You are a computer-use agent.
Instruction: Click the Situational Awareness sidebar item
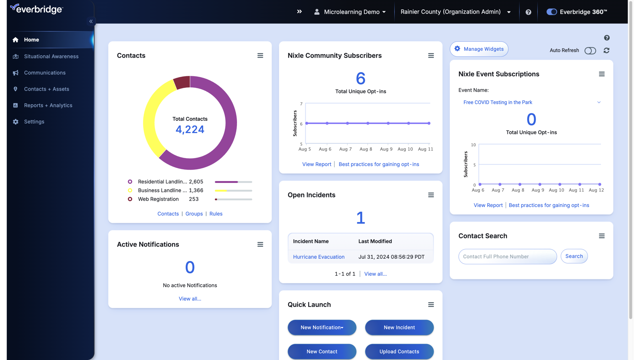pyautogui.click(x=51, y=56)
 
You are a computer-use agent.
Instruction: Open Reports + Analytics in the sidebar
pyautogui.click(x=48, y=105)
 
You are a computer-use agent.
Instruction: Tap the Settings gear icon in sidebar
pyautogui.click(x=16, y=122)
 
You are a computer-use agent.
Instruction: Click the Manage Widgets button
pyautogui.click(x=479, y=49)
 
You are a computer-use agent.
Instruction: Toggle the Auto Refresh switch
pyautogui.click(x=590, y=50)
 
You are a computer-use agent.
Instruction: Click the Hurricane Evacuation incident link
pyautogui.click(x=318, y=257)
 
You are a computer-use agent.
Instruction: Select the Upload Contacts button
pyautogui.click(x=399, y=351)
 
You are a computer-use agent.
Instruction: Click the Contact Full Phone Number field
pyautogui.click(x=507, y=257)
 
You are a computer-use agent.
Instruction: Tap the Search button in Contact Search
pyautogui.click(x=574, y=256)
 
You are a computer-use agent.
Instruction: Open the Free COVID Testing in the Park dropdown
pyautogui.click(x=531, y=102)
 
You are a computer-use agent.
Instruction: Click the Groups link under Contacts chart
pyautogui.click(x=194, y=214)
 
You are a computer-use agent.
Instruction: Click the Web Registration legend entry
pyautogui.click(x=158, y=199)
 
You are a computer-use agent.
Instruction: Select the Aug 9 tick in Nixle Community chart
pyautogui.click(x=386, y=149)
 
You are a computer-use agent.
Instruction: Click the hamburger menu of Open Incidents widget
pyautogui.click(x=431, y=195)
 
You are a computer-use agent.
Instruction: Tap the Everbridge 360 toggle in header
pyautogui.click(x=551, y=12)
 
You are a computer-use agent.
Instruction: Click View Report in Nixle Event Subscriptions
pyautogui.click(x=488, y=205)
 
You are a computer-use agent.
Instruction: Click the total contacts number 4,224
pyautogui.click(x=190, y=129)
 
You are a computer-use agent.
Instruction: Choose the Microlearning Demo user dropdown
pyautogui.click(x=350, y=12)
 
